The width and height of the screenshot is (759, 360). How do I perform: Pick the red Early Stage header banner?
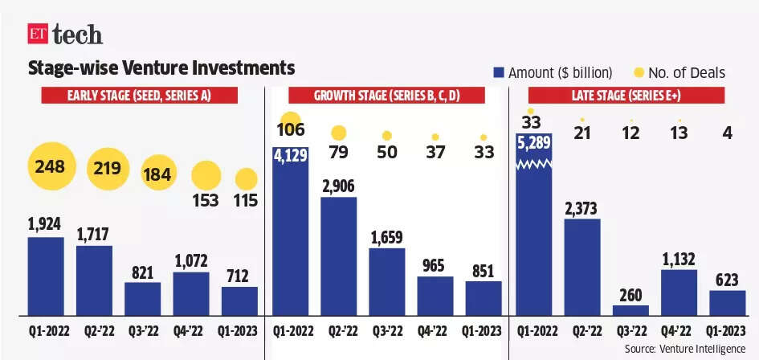click(139, 96)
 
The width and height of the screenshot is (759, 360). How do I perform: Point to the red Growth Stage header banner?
click(387, 96)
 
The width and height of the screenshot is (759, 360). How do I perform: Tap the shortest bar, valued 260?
click(630, 309)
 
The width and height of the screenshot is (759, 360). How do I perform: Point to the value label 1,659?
click(386, 237)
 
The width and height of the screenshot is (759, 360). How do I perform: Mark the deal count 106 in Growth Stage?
click(290, 129)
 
